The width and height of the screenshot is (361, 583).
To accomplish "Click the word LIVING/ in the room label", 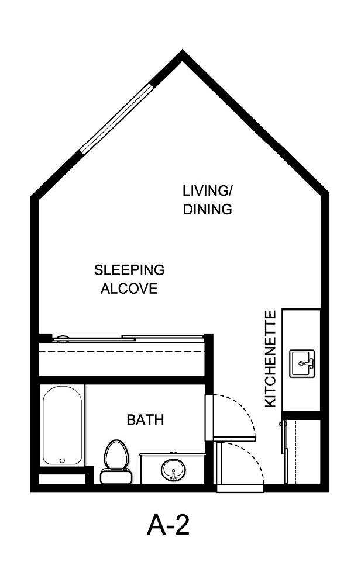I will (x=208, y=190).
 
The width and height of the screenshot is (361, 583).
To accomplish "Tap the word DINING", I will (x=208, y=209).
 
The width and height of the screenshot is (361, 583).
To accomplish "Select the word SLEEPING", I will (x=129, y=270).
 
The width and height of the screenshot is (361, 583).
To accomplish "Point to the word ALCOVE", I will (x=129, y=289).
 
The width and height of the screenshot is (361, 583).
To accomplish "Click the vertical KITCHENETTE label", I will (x=270, y=359).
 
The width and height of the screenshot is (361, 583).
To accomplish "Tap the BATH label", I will (x=145, y=419).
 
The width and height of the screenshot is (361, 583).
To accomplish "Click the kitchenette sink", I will (x=302, y=364).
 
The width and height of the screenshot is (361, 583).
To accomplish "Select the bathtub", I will (x=63, y=425).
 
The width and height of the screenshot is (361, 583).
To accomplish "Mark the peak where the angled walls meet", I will (x=183, y=55).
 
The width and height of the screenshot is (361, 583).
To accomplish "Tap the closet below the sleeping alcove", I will (x=121, y=358).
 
